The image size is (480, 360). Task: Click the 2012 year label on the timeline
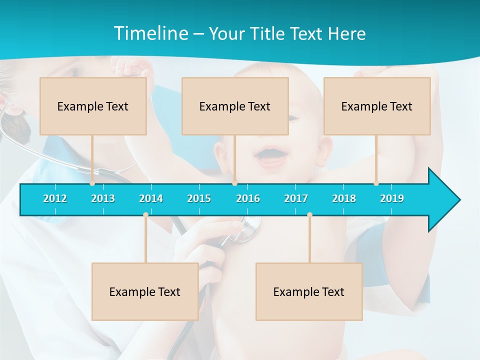pyautogui.click(x=55, y=198)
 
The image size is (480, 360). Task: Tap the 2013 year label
pyautogui.click(x=103, y=198)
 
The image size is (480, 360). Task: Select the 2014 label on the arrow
pyautogui.click(x=151, y=198)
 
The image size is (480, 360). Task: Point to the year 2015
pyautogui.click(x=199, y=198)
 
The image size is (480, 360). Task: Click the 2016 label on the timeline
pyautogui.click(x=248, y=198)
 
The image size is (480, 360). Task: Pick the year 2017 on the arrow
pyautogui.click(x=296, y=198)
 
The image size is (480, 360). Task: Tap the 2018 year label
pyautogui.click(x=344, y=198)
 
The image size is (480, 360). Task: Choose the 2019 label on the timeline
pyautogui.click(x=392, y=198)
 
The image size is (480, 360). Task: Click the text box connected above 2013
pyautogui.click(x=93, y=106)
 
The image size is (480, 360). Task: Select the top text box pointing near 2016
pyautogui.click(x=235, y=106)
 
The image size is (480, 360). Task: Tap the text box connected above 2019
pyautogui.click(x=377, y=106)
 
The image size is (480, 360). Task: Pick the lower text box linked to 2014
pyautogui.click(x=145, y=291)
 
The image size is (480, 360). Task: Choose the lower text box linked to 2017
pyautogui.click(x=309, y=291)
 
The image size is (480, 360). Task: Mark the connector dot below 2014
pyautogui.click(x=145, y=215)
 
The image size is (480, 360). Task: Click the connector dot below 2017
pyautogui.click(x=309, y=215)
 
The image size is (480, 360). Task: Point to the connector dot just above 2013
pyautogui.click(x=92, y=183)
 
